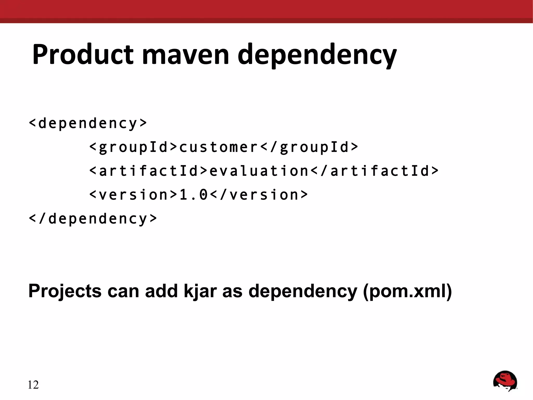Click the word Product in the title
pyautogui.click(x=83, y=55)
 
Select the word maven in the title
pyautogui.click(x=185, y=55)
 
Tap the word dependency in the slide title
pyautogui.click(x=317, y=55)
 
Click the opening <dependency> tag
pyautogui.click(x=88, y=123)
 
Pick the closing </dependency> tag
pyautogui.click(x=93, y=218)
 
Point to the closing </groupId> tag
pyautogui.click(x=309, y=147)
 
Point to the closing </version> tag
pyautogui.click(x=259, y=195)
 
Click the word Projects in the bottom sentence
pyautogui.click(x=65, y=291)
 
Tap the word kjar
pyautogui.click(x=200, y=291)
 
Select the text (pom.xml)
pyautogui.click(x=407, y=291)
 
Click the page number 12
pyautogui.click(x=33, y=385)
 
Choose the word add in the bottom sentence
pyautogui.click(x=161, y=291)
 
